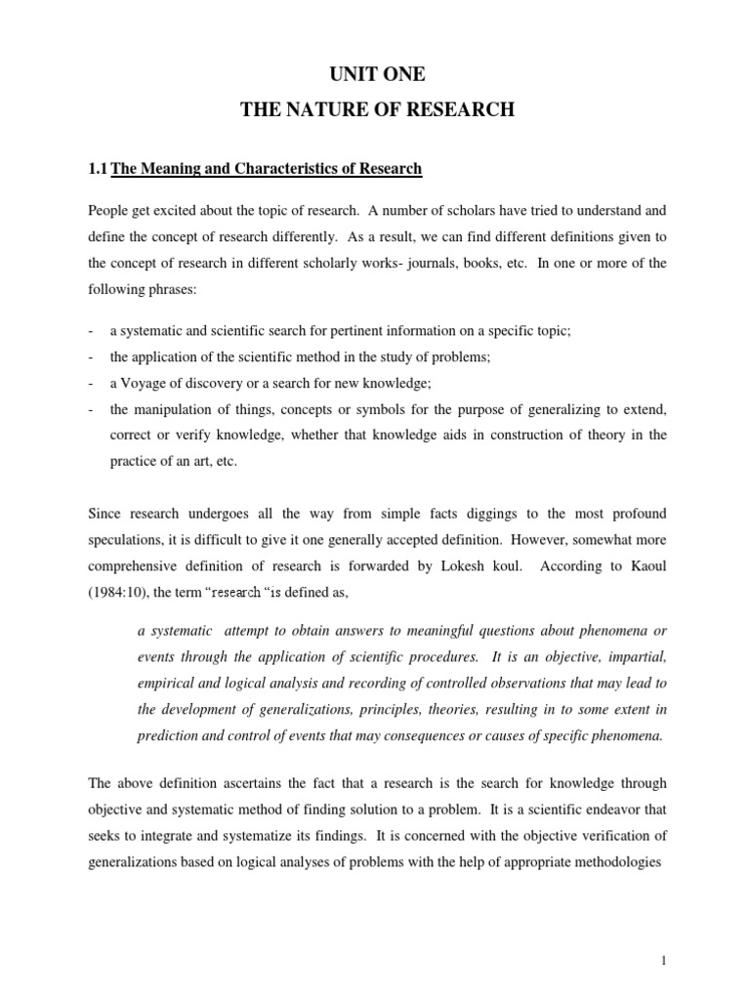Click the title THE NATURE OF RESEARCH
pos(377,110)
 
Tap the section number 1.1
pos(98,169)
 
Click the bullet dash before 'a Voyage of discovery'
pos(90,382)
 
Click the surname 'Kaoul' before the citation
pos(645,565)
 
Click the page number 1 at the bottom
pos(663,961)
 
